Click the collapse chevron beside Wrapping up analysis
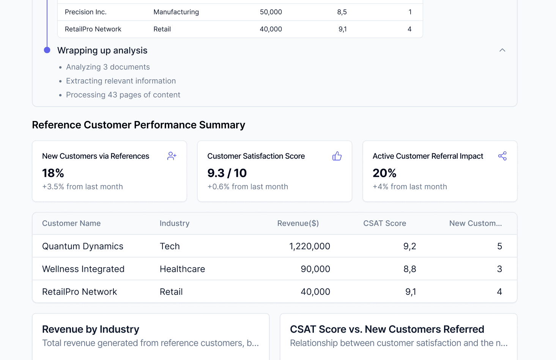tap(502, 50)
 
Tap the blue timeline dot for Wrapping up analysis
tap(47, 50)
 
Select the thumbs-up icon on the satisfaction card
tap(337, 156)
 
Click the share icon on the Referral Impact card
tap(502, 156)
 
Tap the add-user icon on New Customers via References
tap(172, 156)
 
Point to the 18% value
tap(53, 173)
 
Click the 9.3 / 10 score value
tap(227, 173)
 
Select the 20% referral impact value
tap(384, 173)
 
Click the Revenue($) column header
tap(298, 223)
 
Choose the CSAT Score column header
tap(384, 223)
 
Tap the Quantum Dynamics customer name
tap(83, 246)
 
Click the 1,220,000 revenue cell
tap(310, 246)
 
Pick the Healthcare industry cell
tap(182, 269)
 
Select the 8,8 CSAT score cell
tap(410, 269)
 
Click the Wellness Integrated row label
tap(83, 269)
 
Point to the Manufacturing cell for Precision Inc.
tap(176, 12)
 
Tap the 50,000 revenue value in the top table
tap(271, 12)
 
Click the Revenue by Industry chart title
tap(91, 329)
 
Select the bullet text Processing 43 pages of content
tap(123, 95)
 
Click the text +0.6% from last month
tap(247, 187)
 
